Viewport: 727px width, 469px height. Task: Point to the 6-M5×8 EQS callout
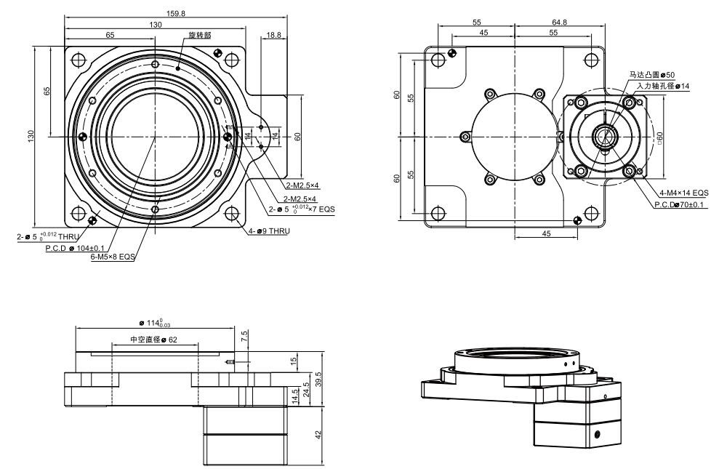[x=113, y=257]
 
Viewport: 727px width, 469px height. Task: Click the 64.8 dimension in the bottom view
[x=560, y=23]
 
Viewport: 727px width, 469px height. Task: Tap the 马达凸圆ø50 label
[x=653, y=75]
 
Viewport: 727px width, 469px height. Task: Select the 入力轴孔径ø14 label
[x=662, y=86]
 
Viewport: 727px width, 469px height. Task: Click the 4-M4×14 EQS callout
[x=683, y=193]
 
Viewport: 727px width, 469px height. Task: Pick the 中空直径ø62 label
[x=153, y=339]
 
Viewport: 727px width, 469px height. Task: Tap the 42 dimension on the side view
[x=318, y=433]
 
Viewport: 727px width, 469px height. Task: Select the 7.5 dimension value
[x=244, y=337]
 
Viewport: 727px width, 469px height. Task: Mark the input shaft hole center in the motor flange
[x=603, y=136]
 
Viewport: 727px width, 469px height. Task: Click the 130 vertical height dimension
[x=31, y=136]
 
